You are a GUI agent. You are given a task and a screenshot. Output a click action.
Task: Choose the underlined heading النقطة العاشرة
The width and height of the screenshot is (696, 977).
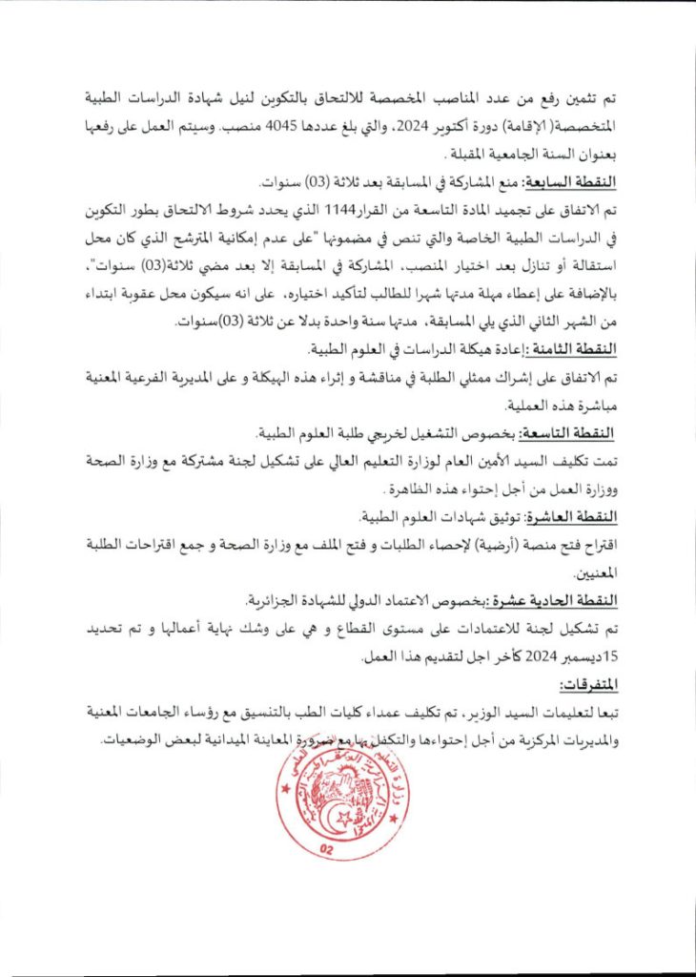[x=575, y=517]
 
